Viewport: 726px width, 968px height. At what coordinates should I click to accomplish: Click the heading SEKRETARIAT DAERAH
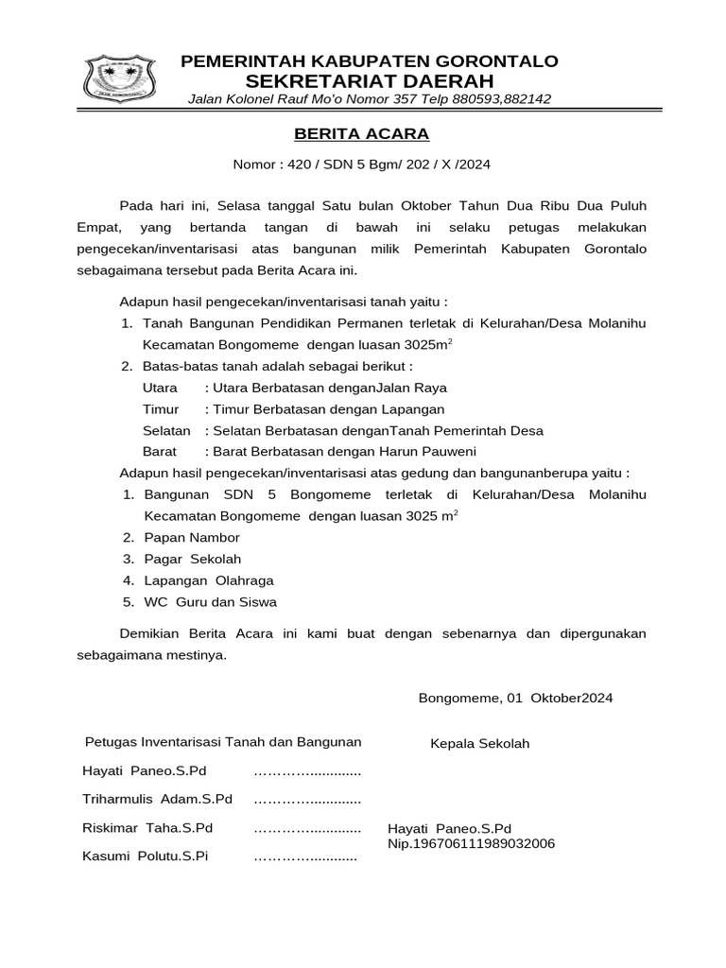370,80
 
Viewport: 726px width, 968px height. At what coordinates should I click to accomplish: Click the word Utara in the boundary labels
160,388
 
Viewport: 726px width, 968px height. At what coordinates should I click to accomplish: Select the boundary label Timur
160,409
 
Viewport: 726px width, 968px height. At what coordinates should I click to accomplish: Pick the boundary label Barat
159,451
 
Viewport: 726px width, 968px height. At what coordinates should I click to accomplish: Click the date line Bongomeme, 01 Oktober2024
515,698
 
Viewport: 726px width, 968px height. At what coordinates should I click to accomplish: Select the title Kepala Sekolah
480,743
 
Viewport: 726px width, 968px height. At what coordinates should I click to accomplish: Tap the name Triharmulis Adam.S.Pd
157,799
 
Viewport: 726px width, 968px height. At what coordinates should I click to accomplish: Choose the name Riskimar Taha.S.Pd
147,828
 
